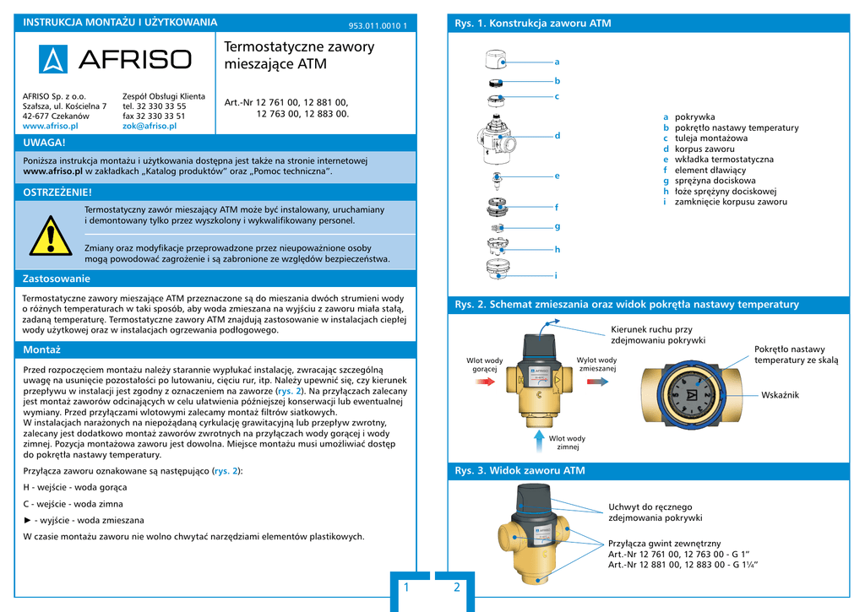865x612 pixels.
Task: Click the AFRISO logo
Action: (116, 60)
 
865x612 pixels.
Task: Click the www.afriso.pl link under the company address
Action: (50, 126)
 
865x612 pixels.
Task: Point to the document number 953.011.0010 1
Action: (377, 25)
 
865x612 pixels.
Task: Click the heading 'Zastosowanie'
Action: (57, 279)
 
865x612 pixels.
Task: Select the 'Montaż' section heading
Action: (41, 349)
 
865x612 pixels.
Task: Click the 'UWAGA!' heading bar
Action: (45, 143)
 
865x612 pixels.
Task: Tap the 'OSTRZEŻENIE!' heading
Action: (57, 193)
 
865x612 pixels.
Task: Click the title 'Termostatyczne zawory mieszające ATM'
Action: (299, 55)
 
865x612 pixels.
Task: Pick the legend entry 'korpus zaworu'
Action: (705, 149)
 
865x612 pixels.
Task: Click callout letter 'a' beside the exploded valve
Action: (557, 62)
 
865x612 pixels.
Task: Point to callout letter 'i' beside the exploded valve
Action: (556, 275)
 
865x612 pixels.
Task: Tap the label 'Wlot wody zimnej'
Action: (567, 442)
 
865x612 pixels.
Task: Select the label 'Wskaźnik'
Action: (780, 395)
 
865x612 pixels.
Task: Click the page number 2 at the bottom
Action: (457, 588)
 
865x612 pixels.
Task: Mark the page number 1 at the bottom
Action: (406, 588)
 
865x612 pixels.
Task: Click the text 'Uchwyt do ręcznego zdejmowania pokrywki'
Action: (655, 512)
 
